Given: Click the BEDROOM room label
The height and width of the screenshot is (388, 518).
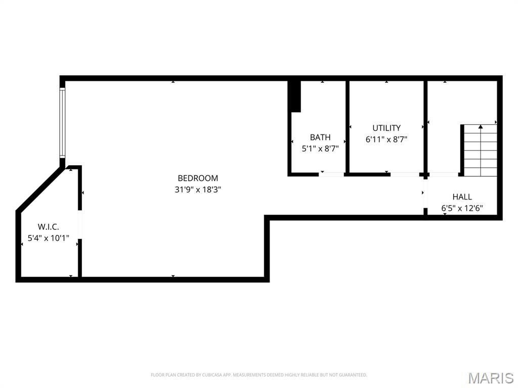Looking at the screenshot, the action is (198, 178).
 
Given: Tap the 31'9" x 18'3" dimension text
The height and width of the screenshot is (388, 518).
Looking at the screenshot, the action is (198, 190).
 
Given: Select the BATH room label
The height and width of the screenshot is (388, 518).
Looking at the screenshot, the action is (320, 137).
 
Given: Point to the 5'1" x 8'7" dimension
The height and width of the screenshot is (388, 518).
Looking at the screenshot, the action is (320, 149).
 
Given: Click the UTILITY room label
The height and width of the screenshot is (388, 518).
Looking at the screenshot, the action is (386, 128).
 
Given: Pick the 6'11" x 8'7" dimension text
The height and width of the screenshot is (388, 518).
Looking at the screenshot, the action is (386, 139).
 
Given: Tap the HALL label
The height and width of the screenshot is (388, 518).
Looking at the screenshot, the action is (462, 197).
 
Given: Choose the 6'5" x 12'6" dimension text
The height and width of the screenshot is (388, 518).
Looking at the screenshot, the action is (462, 209).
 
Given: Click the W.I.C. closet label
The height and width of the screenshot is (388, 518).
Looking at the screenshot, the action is (48, 227).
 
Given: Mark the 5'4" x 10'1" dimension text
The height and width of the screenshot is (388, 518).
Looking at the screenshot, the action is (48, 238).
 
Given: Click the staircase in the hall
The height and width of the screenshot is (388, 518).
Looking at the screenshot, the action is (481, 151).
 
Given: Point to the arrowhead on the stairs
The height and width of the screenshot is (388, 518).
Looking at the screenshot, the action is (481, 126).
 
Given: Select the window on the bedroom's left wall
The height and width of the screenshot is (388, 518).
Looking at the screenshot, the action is (62, 122).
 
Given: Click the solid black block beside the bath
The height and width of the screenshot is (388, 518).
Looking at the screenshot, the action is (294, 96).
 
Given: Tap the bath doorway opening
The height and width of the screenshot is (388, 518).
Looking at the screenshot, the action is (331, 174).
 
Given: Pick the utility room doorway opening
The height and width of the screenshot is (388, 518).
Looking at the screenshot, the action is (405, 174).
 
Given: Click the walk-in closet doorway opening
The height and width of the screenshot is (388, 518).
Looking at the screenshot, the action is (79, 224).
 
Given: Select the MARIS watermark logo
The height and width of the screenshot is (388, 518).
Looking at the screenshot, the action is (491, 378).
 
